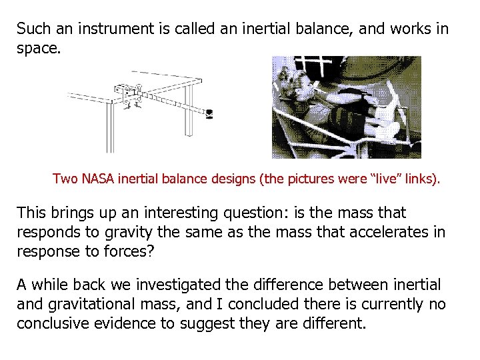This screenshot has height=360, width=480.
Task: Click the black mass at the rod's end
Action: pyautogui.click(x=209, y=114)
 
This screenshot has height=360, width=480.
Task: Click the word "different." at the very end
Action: pyautogui.click(x=335, y=323)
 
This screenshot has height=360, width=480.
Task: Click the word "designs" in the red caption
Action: pyautogui.click(x=203, y=179)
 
